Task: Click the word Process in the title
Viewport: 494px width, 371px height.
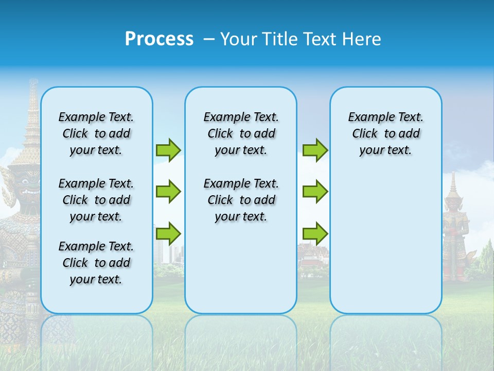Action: [159, 39]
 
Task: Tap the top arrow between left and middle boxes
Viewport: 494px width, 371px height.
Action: [168, 150]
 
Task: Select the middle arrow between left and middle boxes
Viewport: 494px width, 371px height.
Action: [168, 192]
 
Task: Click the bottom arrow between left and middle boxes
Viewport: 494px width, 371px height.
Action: [168, 233]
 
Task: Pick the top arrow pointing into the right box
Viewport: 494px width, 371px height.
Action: [315, 150]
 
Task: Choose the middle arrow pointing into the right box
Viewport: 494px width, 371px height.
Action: [315, 192]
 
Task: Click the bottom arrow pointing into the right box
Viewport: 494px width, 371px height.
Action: [315, 233]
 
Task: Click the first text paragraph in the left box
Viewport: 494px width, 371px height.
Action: [96, 133]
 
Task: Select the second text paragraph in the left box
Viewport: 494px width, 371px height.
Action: [96, 200]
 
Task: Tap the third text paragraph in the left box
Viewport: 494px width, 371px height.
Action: [96, 263]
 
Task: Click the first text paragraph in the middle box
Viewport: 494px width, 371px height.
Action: [241, 133]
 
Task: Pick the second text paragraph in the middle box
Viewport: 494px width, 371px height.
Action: [241, 200]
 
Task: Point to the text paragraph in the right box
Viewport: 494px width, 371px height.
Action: [385, 133]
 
